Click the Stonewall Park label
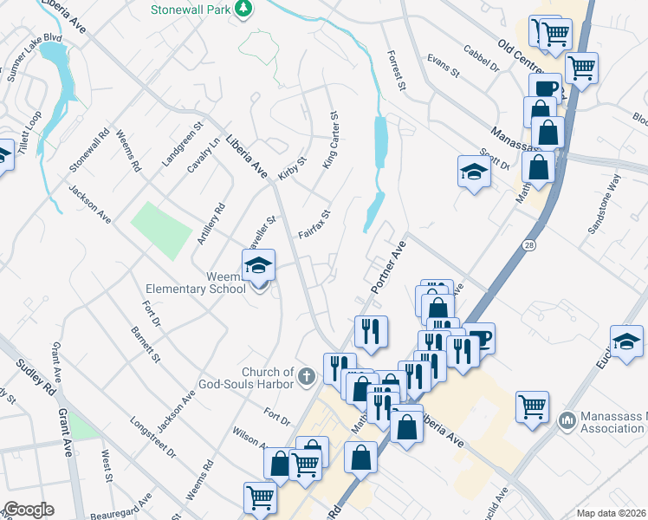tap(192, 9)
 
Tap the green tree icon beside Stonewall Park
tap(244, 9)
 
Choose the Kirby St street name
tap(292, 170)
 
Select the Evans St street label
tap(443, 69)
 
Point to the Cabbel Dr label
tap(482, 58)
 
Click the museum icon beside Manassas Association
tap(567, 420)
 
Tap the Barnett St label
tap(146, 344)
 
